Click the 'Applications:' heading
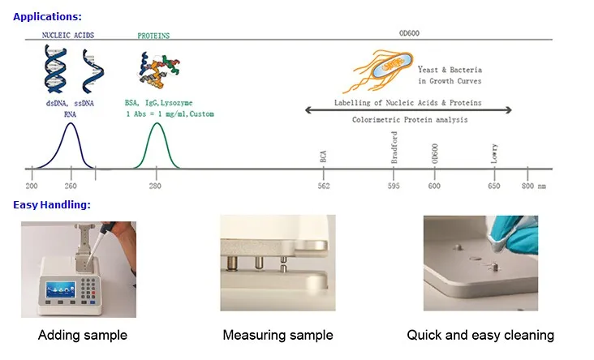47,15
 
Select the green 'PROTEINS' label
153,36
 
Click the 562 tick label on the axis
323,186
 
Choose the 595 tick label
394,186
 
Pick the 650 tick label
494,186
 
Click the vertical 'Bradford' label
394,149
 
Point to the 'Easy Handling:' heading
51,204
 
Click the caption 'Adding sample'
83,335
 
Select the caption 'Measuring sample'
278,335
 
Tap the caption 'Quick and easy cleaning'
480,335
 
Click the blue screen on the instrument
62,290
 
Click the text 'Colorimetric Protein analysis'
409,120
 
